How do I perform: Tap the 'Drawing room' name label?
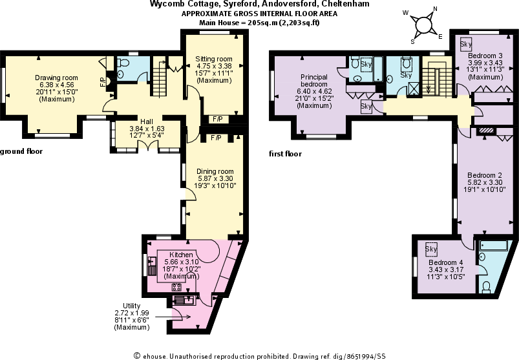pos(56,78)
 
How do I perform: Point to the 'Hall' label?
pos(147,121)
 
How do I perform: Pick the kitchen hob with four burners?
pos(176,287)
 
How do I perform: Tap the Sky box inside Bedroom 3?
pos(465,45)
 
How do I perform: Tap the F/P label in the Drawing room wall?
pos(102,81)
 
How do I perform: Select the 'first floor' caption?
pos(285,154)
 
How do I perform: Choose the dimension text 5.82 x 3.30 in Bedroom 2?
pos(485,183)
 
